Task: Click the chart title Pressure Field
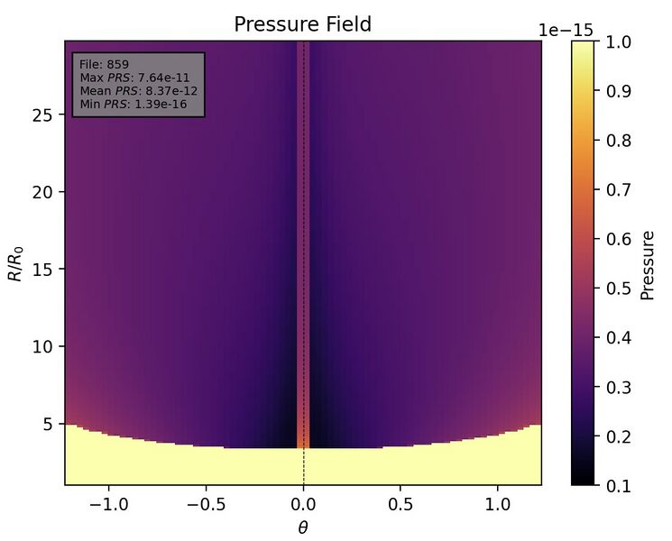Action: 302,24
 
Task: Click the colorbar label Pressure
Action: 647,264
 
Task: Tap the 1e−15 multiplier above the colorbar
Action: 566,30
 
